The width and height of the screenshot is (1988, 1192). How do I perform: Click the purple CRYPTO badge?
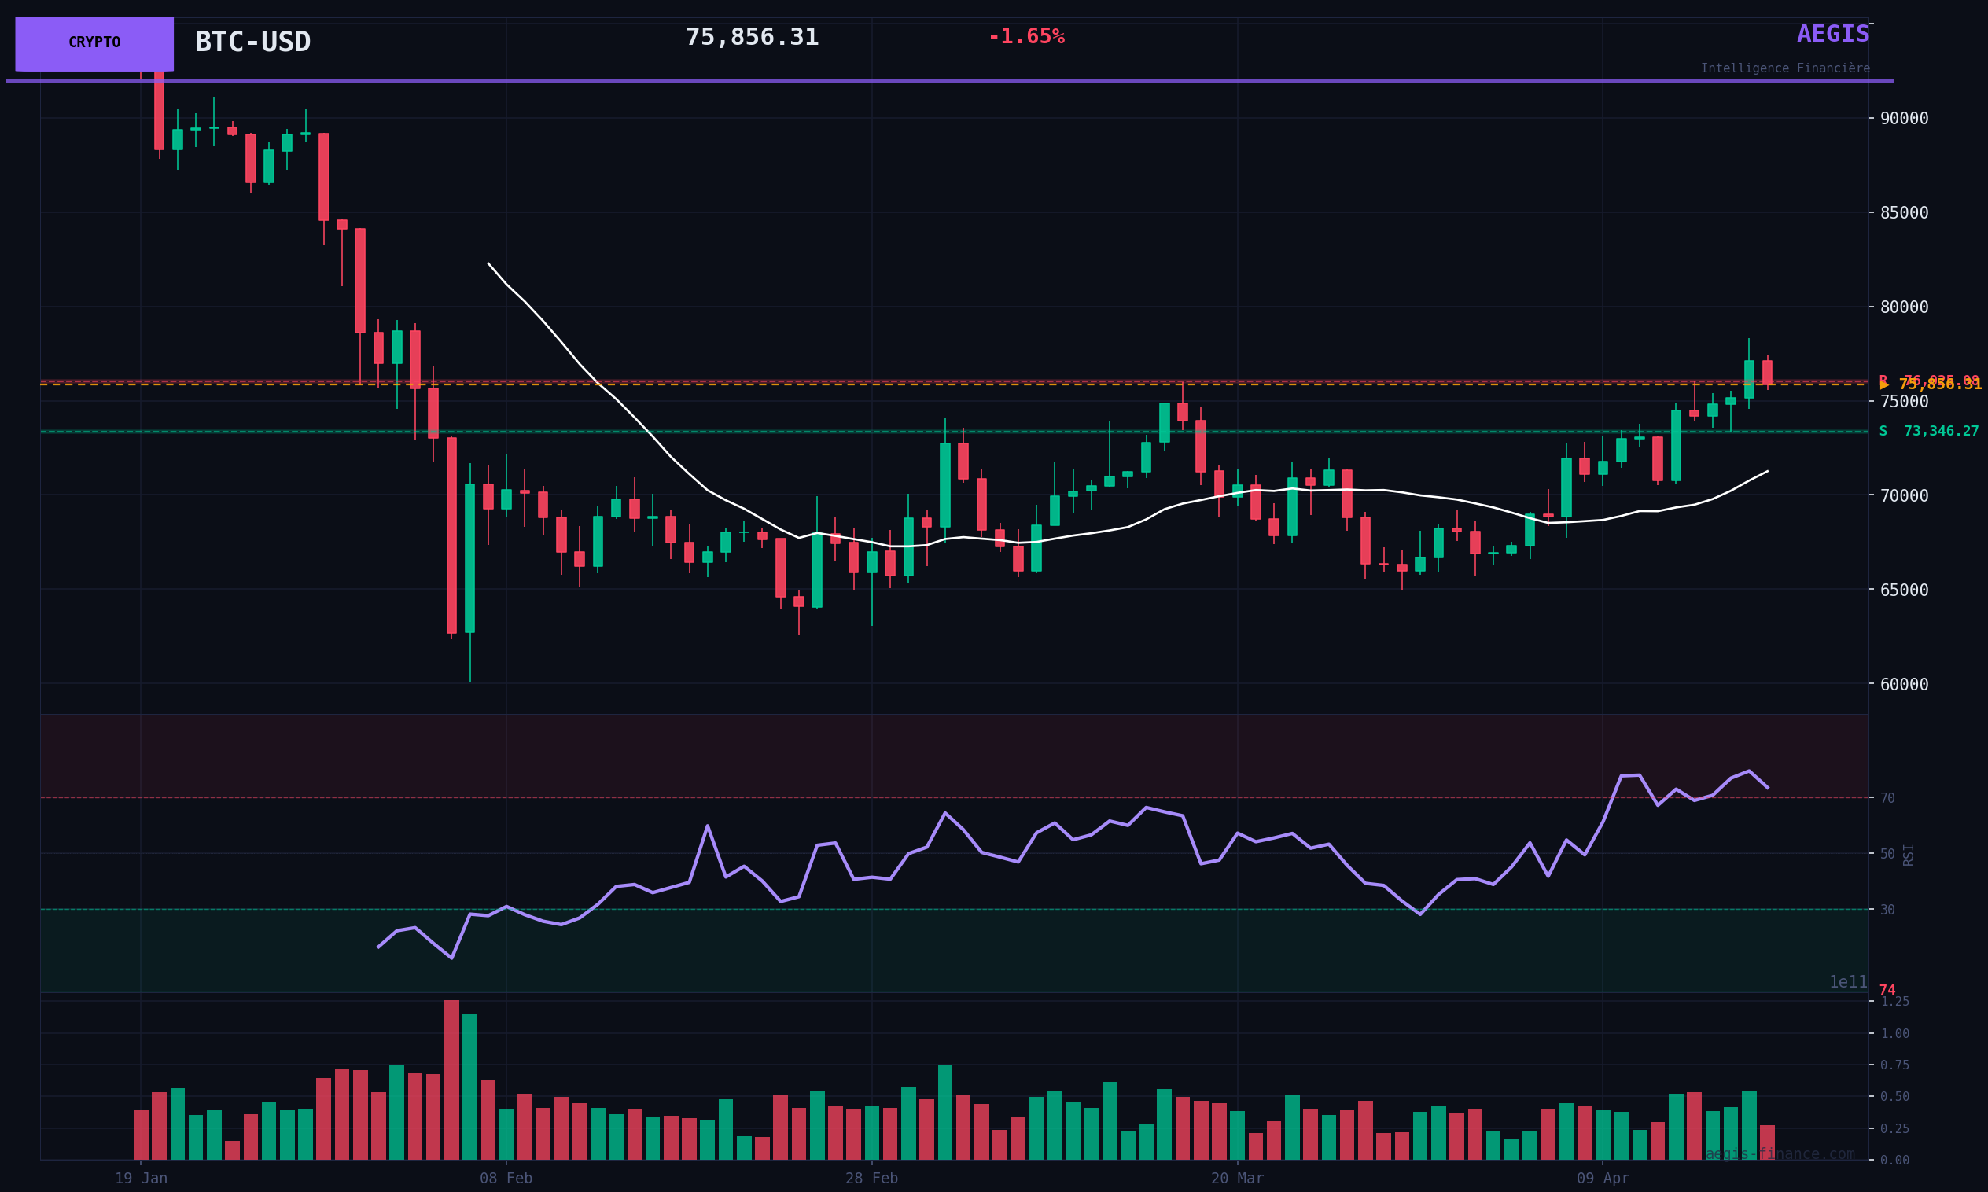[x=94, y=43]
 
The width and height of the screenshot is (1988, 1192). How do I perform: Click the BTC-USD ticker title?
[x=252, y=42]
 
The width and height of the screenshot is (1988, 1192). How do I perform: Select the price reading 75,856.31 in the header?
[x=752, y=38]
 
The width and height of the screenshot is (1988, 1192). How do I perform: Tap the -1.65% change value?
[x=1025, y=37]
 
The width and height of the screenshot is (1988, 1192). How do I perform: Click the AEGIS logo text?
[x=1832, y=35]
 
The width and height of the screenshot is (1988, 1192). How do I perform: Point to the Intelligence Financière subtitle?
[x=1785, y=69]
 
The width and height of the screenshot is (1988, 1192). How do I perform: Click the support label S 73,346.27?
[x=1927, y=432]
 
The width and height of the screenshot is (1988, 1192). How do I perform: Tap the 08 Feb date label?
[x=506, y=1179]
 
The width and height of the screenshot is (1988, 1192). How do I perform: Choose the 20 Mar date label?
[x=1237, y=1179]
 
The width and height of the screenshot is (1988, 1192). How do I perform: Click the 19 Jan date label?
[x=141, y=1179]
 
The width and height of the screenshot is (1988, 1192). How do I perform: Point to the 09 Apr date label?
[x=1603, y=1179]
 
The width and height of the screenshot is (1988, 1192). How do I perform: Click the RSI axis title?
[x=1909, y=855]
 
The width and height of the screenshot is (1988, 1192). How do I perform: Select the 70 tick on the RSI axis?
[x=1887, y=798]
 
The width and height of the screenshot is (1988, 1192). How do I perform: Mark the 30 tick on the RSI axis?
[x=1887, y=910]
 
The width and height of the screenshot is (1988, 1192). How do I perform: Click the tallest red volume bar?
[x=451, y=1080]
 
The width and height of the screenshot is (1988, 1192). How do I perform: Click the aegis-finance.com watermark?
[x=1779, y=1155]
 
